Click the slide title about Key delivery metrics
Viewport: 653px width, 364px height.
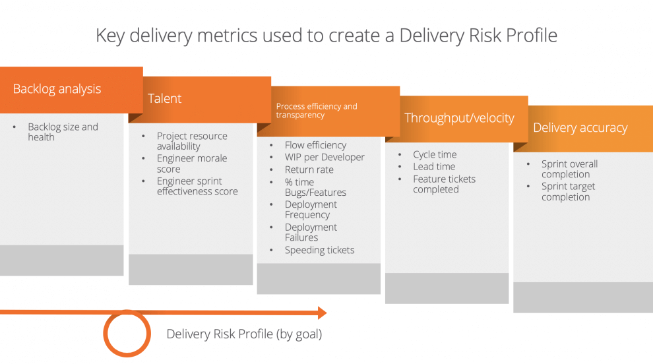[326, 35]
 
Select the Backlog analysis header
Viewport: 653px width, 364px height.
[57, 89]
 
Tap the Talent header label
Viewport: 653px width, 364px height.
[164, 98]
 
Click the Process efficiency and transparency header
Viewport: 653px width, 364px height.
[317, 110]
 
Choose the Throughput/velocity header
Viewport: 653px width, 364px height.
[459, 118]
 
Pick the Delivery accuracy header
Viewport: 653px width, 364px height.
[580, 128]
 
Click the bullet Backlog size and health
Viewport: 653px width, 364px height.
[63, 132]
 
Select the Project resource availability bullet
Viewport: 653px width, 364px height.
[191, 141]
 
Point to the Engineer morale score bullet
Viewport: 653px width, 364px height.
[191, 164]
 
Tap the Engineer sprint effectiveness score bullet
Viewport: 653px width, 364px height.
[197, 186]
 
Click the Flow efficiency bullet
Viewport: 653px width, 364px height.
[315, 145]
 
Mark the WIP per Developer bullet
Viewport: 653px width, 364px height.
[325, 157]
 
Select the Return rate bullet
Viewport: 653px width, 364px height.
[309, 169]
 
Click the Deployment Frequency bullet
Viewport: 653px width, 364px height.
[311, 210]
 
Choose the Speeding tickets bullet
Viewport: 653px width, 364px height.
[319, 250]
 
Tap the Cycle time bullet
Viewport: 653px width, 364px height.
[435, 154]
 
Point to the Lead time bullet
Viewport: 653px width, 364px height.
[434, 167]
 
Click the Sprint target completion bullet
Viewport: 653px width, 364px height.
[568, 192]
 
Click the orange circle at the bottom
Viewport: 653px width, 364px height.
[127, 334]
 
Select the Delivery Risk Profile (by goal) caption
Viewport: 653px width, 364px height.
[244, 334]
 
